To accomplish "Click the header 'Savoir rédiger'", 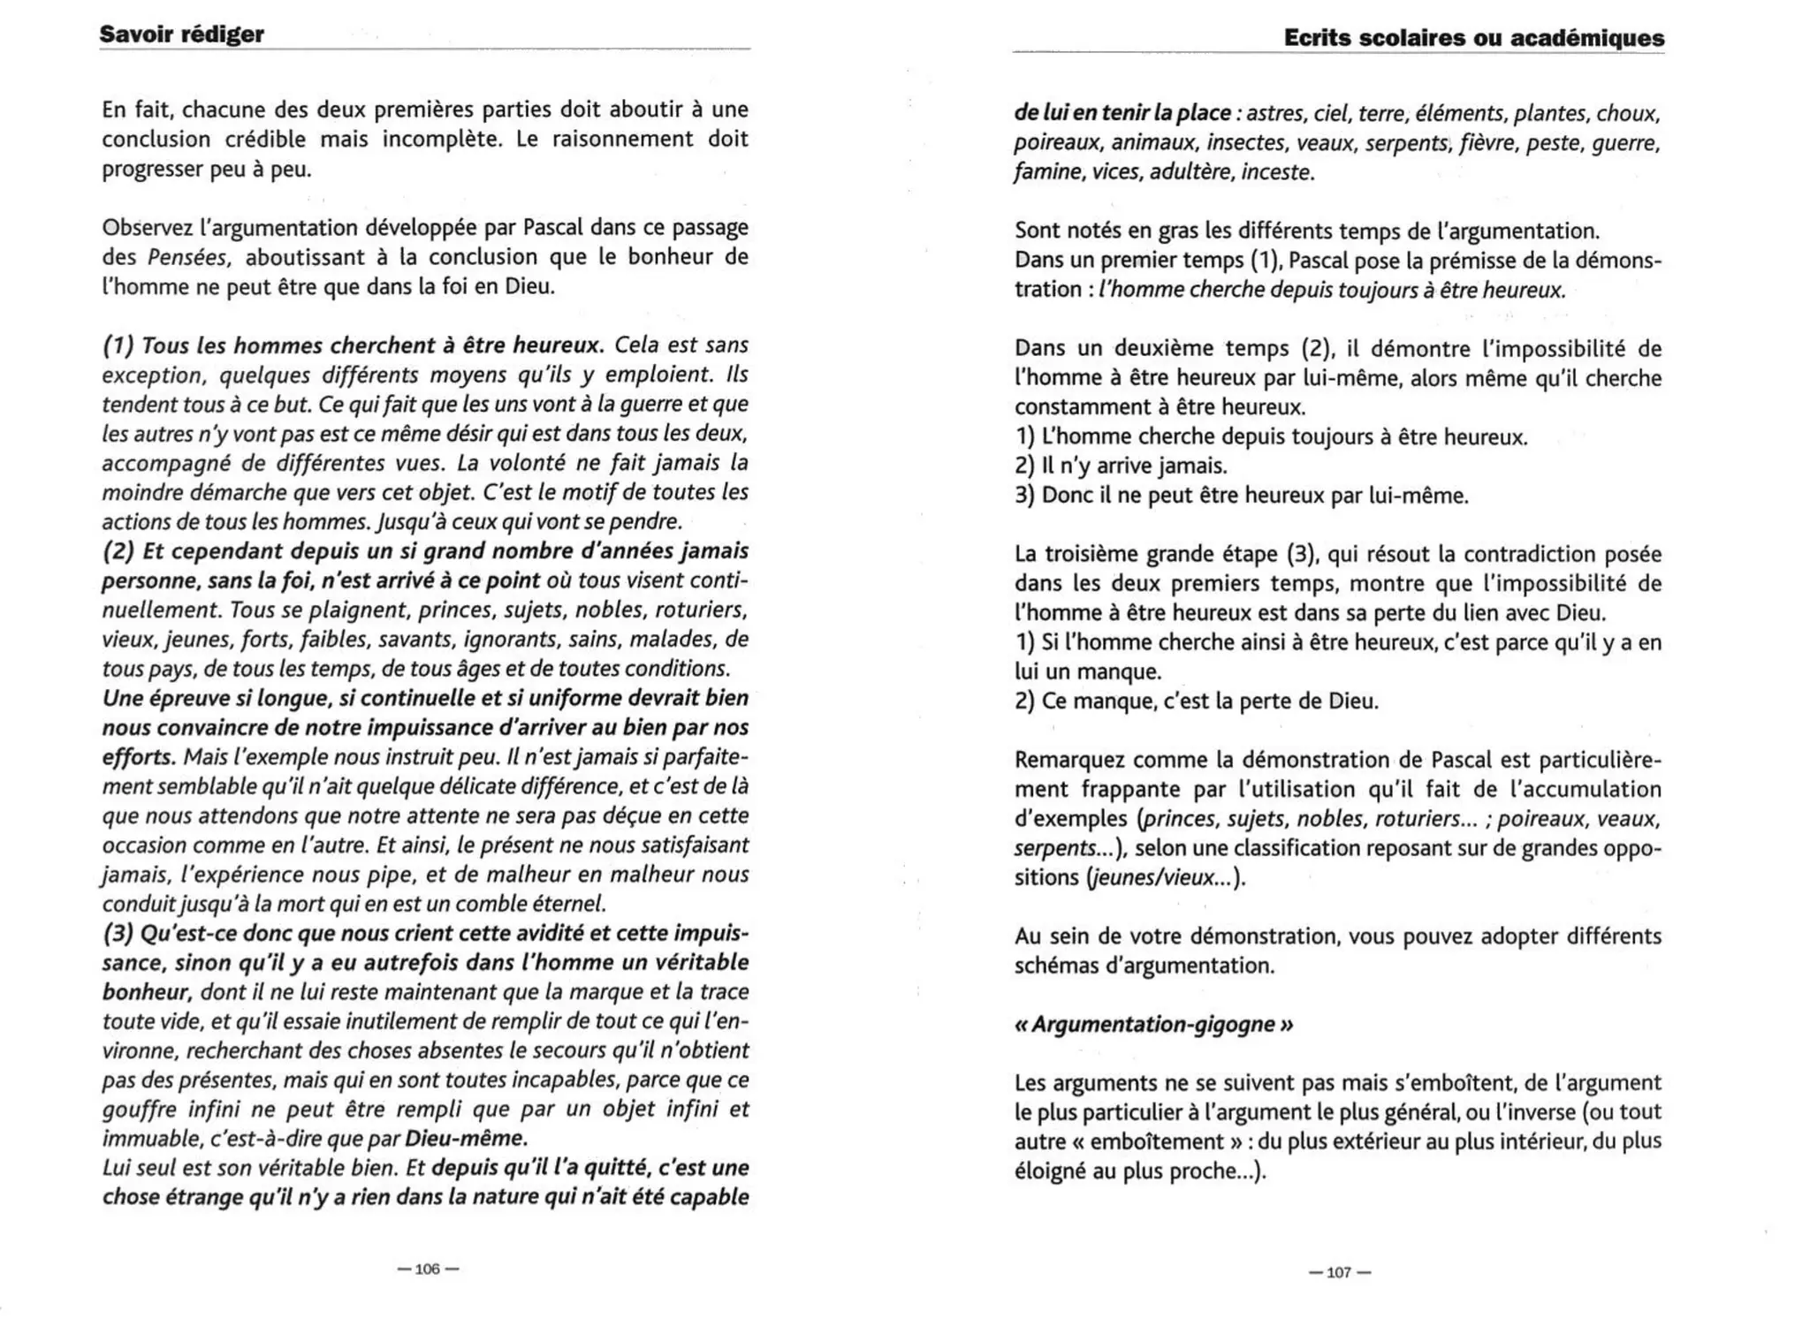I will [181, 34].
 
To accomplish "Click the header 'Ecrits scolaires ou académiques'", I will [1473, 38].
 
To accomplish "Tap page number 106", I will [428, 1269].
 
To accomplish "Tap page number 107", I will [1339, 1272].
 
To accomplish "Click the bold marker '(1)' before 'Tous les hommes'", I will [118, 345].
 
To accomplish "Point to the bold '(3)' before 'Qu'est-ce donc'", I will [118, 933].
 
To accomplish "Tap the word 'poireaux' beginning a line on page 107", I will [1056, 142].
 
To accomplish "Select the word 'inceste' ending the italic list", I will [1276, 172].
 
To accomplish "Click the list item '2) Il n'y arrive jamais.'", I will [1121, 466].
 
